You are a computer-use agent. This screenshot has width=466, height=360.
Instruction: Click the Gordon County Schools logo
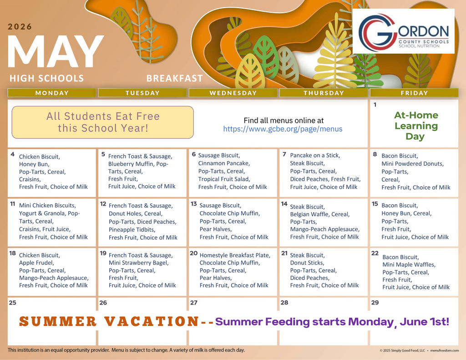click(404, 31)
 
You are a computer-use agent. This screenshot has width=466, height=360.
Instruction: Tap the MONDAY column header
click(52, 93)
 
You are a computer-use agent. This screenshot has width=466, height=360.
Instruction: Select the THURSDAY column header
click(324, 93)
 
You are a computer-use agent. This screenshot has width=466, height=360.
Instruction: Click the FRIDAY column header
click(414, 93)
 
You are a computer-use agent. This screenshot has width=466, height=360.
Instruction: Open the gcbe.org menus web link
click(283, 129)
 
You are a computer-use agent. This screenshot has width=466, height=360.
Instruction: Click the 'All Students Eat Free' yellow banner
click(103, 122)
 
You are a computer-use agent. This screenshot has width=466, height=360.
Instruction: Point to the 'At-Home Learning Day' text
click(416, 126)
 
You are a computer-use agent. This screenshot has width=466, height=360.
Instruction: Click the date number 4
click(13, 154)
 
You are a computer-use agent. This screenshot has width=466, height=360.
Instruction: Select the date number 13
click(194, 204)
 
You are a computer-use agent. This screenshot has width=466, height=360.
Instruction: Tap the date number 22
click(375, 253)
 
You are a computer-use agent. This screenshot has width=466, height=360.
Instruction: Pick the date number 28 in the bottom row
click(284, 302)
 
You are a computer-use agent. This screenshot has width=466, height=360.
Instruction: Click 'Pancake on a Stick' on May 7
click(315, 155)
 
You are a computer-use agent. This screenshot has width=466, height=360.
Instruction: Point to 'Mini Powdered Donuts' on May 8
click(412, 163)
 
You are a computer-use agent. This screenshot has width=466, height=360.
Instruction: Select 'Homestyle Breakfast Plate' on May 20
click(235, 255)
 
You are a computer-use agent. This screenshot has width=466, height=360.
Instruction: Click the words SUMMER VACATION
click(109, 322)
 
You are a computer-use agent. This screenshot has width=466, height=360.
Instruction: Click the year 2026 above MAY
click(20, 26)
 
